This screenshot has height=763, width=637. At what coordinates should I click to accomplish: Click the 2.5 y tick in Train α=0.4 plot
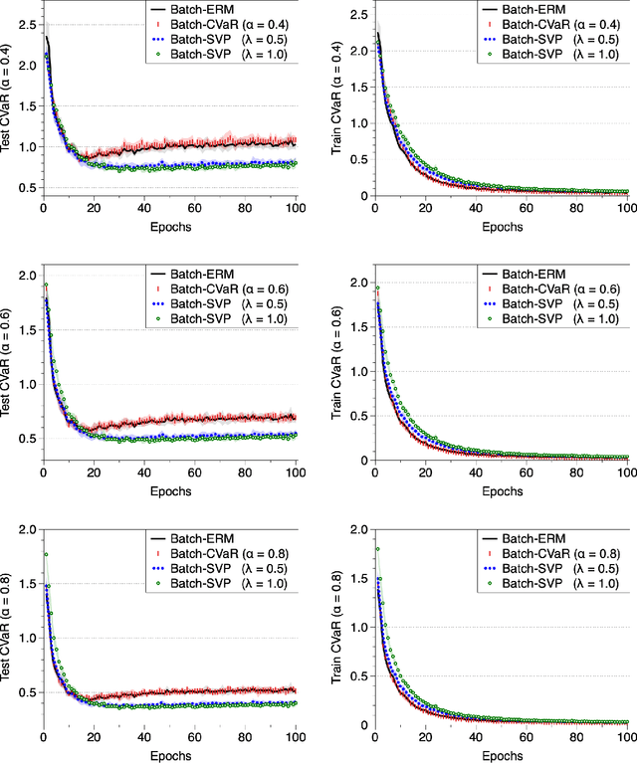click(356, 24)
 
